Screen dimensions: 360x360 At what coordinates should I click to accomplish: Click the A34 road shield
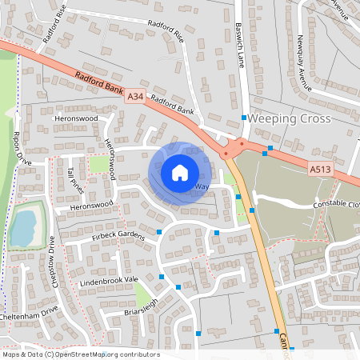[136, 97]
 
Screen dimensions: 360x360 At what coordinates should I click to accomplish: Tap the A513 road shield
[320, 170]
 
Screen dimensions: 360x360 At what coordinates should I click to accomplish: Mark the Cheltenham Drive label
[30, 314]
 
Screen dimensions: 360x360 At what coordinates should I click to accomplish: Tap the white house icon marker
[180, 172]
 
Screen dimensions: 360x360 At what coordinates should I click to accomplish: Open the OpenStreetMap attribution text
[80, 354]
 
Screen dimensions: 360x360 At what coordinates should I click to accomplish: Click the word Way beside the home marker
[202, 186]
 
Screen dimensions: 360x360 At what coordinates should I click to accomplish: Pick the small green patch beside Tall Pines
[98, 165]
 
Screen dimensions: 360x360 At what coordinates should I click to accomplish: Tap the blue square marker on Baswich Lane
[244, 118]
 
